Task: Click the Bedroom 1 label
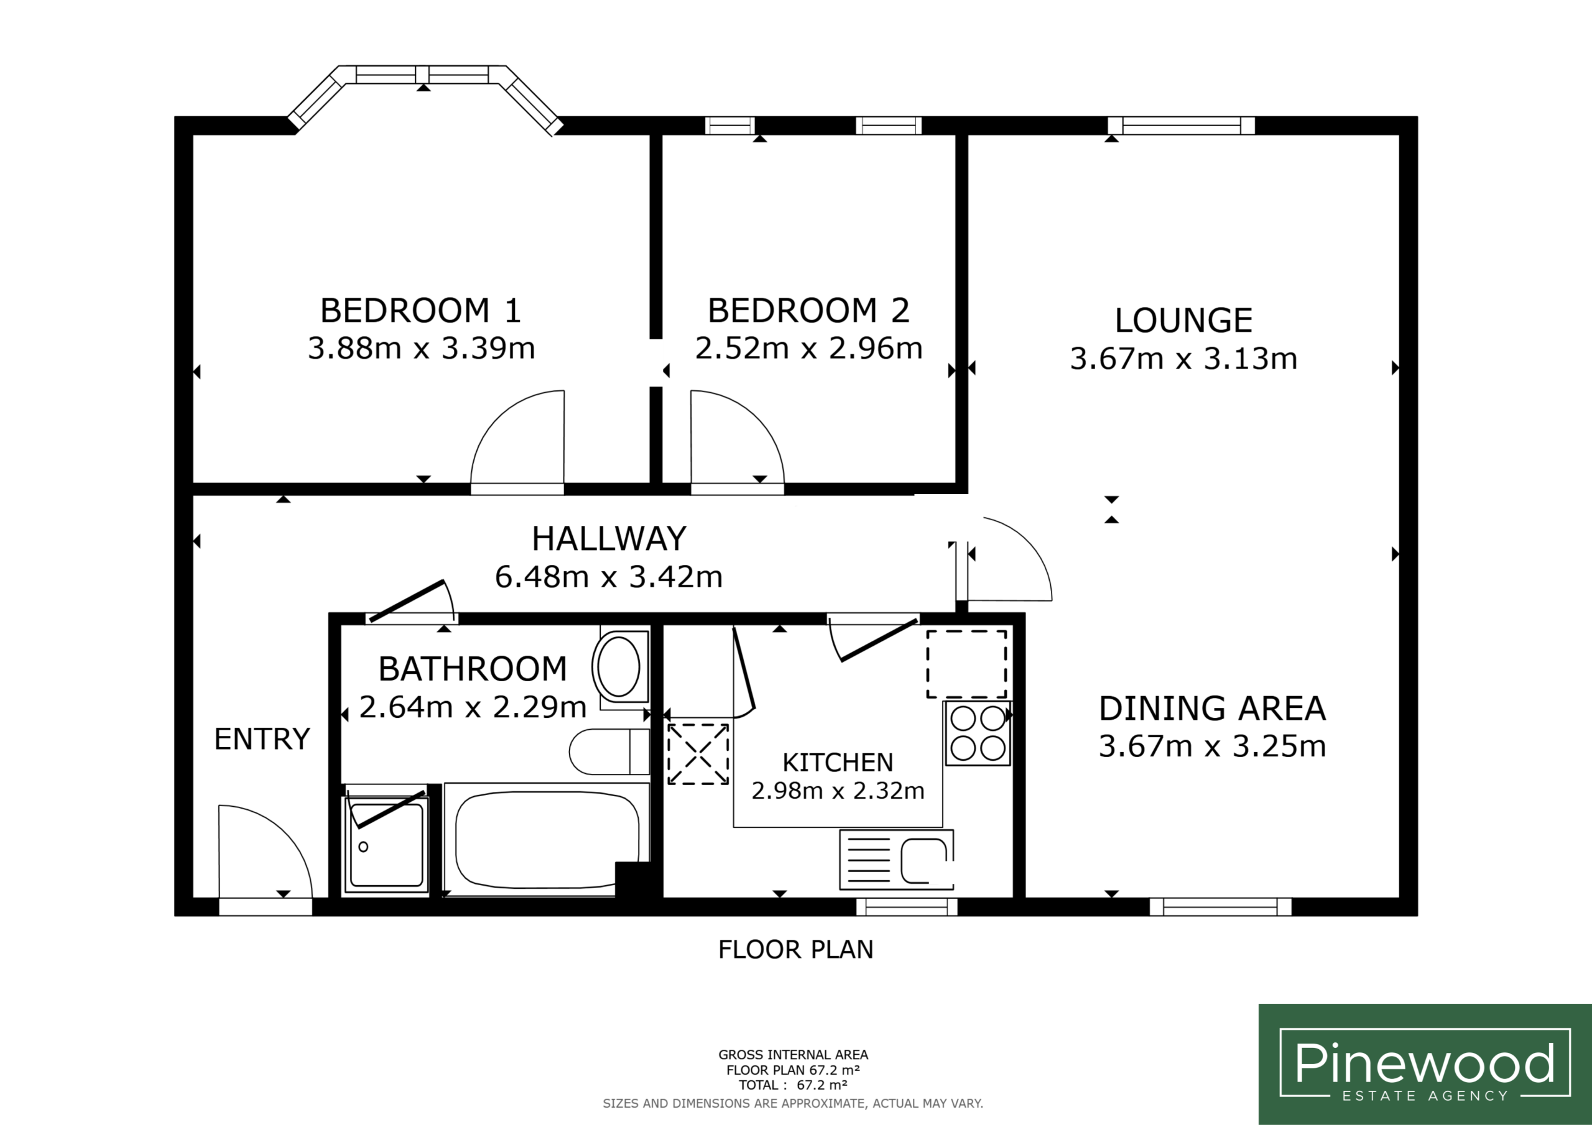(420, 311)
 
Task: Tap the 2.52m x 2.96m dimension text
(808, 348)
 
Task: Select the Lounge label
(1183, 320)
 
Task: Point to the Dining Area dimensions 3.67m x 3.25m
(1212, 746)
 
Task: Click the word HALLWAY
(609, 539)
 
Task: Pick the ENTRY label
(262, 739)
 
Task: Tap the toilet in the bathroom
(609, 752)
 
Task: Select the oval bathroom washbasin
(619, 667)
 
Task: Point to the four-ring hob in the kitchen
(978, 733)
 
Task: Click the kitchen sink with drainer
(897, 860)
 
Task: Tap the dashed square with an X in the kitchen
(698, 754)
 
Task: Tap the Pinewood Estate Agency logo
(1425, 1064)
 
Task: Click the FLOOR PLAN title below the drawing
(795, 949)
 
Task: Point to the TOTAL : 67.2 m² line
(792, 1085)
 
